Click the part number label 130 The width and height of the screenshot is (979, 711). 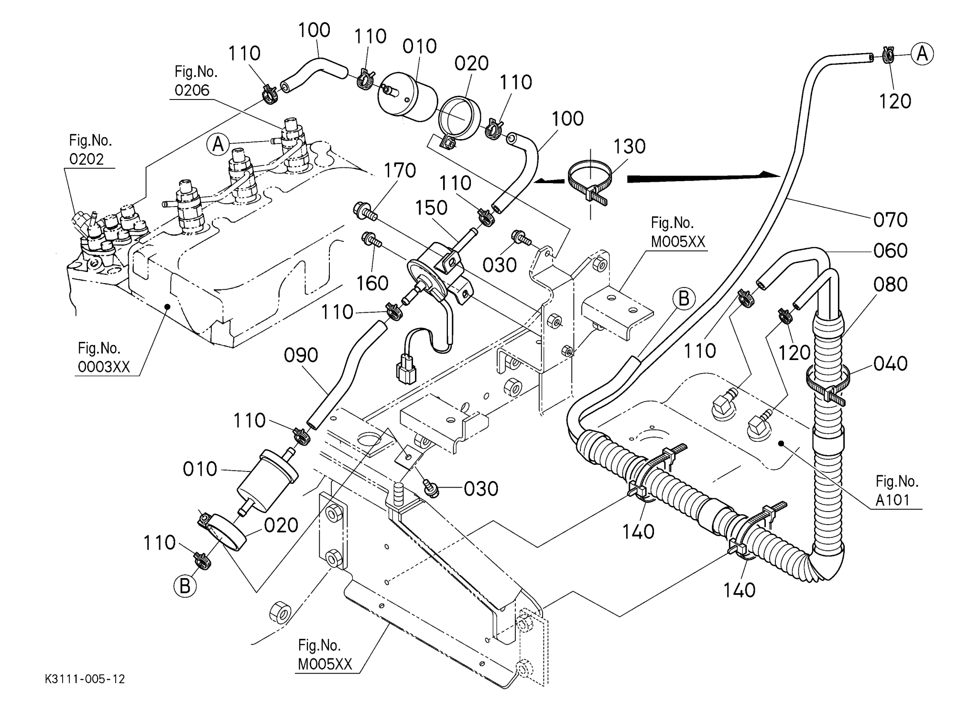tap(629, 146)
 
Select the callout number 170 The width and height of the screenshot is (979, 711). tap(400, 170)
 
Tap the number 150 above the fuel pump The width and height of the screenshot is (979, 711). tap(431, 208)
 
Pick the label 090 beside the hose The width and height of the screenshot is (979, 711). tap(301, 355)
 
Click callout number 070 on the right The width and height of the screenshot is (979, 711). tap(890, 220)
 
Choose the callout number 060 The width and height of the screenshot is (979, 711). tap(890, 251)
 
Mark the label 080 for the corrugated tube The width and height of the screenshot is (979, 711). tap(890, 284)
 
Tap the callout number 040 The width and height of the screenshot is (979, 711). tap(890, 364)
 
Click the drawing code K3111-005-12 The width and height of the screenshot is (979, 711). tap(85, 679)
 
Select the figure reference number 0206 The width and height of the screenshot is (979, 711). tap(192, 90)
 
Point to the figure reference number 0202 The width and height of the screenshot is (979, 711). tap(87, 159)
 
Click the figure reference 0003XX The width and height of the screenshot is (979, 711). tap(104, 367)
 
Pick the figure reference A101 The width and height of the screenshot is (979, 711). tap(892, 500)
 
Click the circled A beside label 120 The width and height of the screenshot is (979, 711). tap(922, 54)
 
